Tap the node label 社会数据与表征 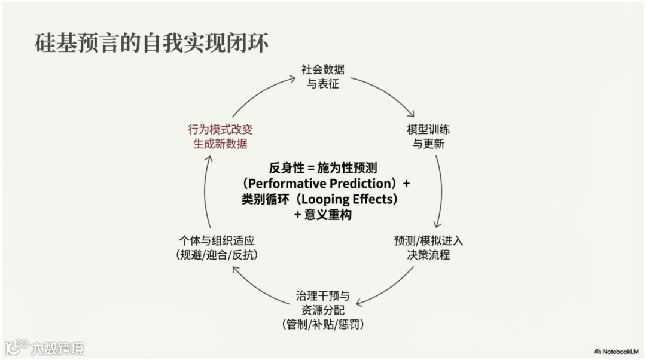tap(323, 77)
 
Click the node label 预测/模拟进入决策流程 tap(428, 248)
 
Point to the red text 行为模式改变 tap(220, 130)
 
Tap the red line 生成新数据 tap(220, 144)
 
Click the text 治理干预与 tap(323, 296)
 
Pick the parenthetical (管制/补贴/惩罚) tap(323, 325)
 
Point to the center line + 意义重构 tap(323, 215)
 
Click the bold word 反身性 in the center tap(284, 167)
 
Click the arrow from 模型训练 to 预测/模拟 tap(441, 191)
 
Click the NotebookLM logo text tap(619, 351)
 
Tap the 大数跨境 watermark tap(56, 347)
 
